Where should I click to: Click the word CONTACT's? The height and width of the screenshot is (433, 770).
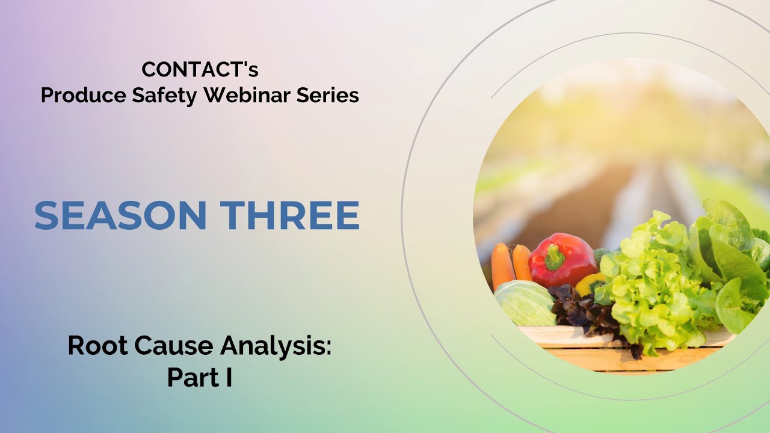point(200,70)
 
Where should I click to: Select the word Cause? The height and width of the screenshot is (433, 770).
point(171,346)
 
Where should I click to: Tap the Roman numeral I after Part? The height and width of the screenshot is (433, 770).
point(229,378)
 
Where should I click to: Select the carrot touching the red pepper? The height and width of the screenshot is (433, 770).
point(522,263)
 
